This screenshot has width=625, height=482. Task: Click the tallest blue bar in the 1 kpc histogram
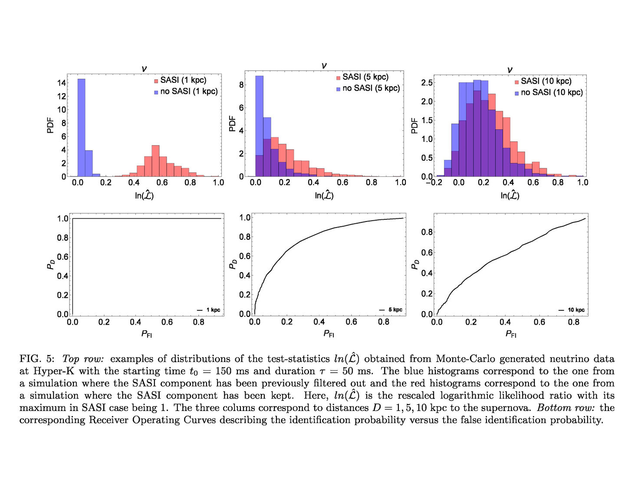tap(81, 128)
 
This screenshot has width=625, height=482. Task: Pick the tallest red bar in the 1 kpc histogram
tap(155, 161)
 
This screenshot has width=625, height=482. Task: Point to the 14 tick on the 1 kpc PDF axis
tap(62, 83)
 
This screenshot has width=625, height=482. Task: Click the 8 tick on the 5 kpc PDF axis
tap(241, 85)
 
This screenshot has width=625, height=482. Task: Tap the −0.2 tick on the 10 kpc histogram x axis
tap(434, 182)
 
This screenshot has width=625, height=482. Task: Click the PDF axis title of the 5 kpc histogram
tap(232, 124)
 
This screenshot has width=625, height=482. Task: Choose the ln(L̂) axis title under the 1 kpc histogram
tap(144, 195)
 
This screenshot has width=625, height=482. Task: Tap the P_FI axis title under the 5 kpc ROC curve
tap(329, 334)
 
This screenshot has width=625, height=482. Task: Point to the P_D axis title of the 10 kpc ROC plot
tap(414, 264)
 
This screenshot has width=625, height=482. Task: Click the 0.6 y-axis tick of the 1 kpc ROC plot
tap(63, 257)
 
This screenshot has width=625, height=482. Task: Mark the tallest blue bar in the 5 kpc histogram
tap(259, 126)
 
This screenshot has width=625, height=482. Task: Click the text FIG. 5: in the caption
tap(37, 359)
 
